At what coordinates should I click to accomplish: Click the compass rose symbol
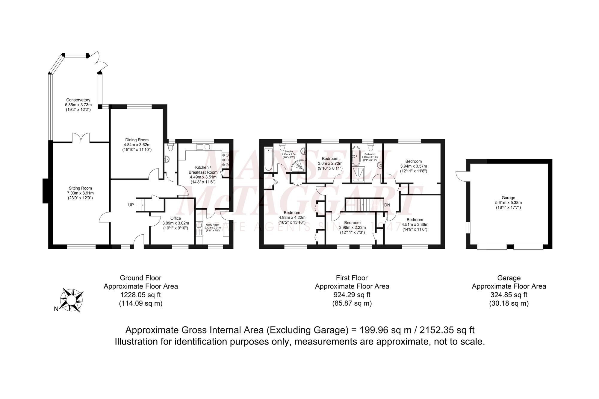point(72,300)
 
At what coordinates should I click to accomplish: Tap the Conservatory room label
point(78,100)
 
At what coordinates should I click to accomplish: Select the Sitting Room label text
point(80,188)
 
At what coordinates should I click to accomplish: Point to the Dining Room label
point(137,140)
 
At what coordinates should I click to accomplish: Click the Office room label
point(176,218)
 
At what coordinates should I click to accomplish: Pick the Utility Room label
point(213,224)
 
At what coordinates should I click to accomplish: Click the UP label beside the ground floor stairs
point(131,205)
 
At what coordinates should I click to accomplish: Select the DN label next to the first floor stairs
point(387,205)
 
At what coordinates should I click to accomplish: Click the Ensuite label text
point(289,151)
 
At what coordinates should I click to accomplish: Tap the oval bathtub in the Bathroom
point(356,156)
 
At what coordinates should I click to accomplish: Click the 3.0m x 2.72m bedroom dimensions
point(330,164)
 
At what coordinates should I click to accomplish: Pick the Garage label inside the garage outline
point(508,198)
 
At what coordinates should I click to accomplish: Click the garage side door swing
point(460,176)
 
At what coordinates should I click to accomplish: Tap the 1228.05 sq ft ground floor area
point(141,295)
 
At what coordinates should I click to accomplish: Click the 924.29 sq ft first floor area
point(352,295)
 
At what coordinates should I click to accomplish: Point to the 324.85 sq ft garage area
point(509,295)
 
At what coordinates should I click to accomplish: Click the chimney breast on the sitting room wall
point(46,191)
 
